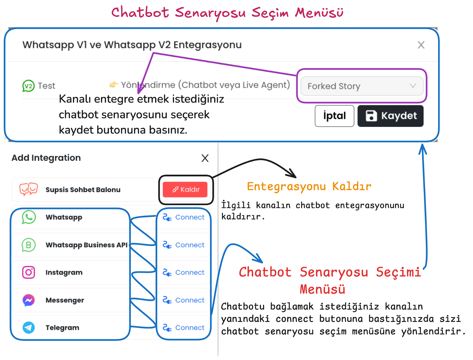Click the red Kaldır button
pyautogui.click(x=185, y=189)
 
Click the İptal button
pyautogui.click(x=334, y=116)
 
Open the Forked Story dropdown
pyautogui.click(x=362, y=86)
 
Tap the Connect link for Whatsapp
pyautogui.click(x=184, y=217)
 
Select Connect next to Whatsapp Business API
pyautogui.click(x=184, y=245)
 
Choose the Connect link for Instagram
pyautogui.click(x=184, y=272)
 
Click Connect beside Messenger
pyautogui.click(x=184, y=300)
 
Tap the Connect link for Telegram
pyautogui.click(x=184, y=328)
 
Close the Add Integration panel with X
pyautogui.click(x=205, y=158)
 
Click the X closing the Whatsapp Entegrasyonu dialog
pyautogui.click(x=421, y=45)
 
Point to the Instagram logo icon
pyautogui.click(x=29, y=272)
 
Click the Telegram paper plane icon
pyautogui.click(x=29, y=328)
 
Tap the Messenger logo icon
pyautogui.click(x=29, y=300)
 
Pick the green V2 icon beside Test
pyautogui.click(x=28, y=86)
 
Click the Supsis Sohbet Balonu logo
pyautogui.click(x=28, y=189)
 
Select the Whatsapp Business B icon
pyautogui.click(x=29, y=245)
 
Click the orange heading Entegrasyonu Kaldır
pyautogui.click(x=309, y=187)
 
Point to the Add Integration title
pyautogui.click(x=46, y=158)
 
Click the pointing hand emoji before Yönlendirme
pyautogui.click(x=114, y=85)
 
